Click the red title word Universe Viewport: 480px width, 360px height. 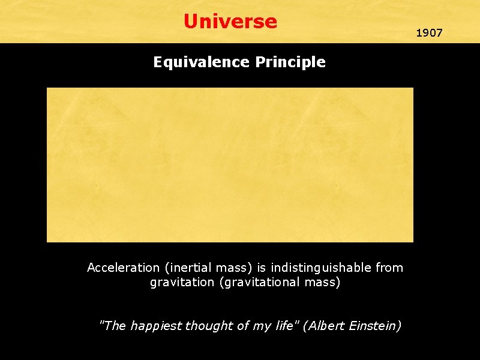click(230, 22)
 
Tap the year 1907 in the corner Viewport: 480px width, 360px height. click(429, 33)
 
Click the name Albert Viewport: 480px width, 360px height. click(325, 326)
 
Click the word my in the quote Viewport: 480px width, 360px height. click(260, 326)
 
